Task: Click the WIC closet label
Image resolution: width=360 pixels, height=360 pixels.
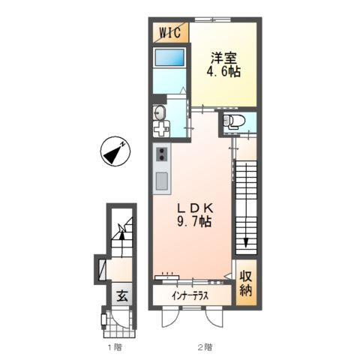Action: (170, 32)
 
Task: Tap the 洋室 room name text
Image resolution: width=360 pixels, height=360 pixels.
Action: (223, 58)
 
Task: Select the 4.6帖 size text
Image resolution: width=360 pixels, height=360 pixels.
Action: (223, 72)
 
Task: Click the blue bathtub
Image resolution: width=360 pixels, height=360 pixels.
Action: (169, 58)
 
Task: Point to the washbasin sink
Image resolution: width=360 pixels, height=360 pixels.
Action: (159, 112)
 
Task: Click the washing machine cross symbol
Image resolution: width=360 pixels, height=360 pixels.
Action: (160, 129)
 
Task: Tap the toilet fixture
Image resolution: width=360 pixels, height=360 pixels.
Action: (234, 121)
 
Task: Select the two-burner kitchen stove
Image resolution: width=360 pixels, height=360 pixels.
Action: (162, 154)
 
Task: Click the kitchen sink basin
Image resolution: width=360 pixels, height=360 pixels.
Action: (162, 181)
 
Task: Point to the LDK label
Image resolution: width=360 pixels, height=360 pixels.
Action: (195, 208)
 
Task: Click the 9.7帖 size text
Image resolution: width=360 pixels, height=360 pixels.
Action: (194, 221)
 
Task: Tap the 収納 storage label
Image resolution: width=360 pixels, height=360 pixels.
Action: (246, 283)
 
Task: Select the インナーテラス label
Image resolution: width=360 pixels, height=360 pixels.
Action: (190, 296)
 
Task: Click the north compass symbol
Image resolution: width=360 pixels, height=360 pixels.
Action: (115, 151)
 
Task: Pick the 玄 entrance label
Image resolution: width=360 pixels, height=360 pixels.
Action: (122, 296)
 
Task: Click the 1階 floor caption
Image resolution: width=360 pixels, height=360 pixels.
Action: (115, 347)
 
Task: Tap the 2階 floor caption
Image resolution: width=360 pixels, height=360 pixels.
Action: (205, 347)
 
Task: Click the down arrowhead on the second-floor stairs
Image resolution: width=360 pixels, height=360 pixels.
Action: (246, 242)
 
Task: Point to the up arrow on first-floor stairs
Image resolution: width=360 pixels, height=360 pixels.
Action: (121, 244)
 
